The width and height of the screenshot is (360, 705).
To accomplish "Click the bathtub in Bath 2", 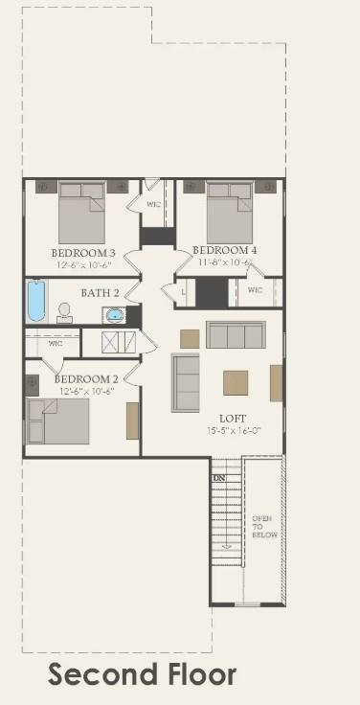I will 36,300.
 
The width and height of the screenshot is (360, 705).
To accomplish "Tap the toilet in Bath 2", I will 65,311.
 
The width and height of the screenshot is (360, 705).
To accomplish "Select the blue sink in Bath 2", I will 115,314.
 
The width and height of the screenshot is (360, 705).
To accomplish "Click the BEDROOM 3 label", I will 83,253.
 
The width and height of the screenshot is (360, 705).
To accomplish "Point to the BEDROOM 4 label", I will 224,250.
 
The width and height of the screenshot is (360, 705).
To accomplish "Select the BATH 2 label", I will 100,292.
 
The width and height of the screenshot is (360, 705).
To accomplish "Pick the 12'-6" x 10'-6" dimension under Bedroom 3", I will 83,264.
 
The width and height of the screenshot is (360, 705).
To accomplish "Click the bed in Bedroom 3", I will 81,213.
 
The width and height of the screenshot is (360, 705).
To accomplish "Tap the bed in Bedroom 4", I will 230,212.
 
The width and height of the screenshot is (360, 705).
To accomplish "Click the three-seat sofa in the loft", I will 236,335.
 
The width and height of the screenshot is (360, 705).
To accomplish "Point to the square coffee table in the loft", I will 236,382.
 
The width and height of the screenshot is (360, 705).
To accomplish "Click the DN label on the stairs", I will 219,477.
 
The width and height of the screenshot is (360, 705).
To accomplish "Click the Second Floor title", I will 142,674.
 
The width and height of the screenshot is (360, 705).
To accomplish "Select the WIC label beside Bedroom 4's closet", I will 255,289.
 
